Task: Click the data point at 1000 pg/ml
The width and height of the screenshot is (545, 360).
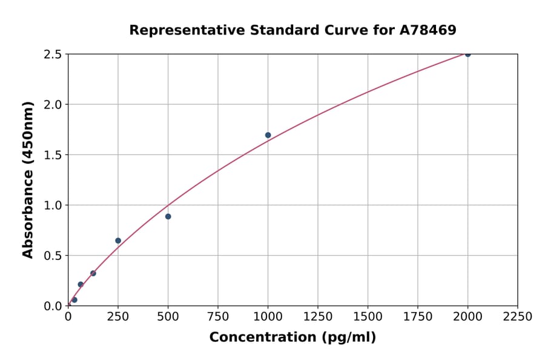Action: click(x=268, y=135)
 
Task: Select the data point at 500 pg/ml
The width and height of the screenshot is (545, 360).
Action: click(x=168, y=216)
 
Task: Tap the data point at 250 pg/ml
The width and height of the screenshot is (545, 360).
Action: click(x=118, y=241)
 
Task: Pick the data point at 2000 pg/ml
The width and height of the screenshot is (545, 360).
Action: click(x=467, y=54)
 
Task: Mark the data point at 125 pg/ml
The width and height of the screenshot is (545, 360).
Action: click(x=93, y=273)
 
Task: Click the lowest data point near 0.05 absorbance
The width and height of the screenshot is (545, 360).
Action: click(x=74, y=300)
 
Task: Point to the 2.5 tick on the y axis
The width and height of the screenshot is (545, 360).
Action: click(x=54, y=55)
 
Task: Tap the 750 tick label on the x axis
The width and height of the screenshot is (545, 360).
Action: click(x=218, y=317)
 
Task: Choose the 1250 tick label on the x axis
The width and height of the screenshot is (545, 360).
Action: click(x=318, y=317)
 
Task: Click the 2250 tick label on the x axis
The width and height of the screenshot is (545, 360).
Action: click(x=518, y=317)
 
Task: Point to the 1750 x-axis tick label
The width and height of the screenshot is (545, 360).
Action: click(x=418, y=317)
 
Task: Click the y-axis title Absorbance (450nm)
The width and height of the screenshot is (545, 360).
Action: click(x=28, y=179)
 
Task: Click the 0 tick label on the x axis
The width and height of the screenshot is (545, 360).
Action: click(x=68, y=317)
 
